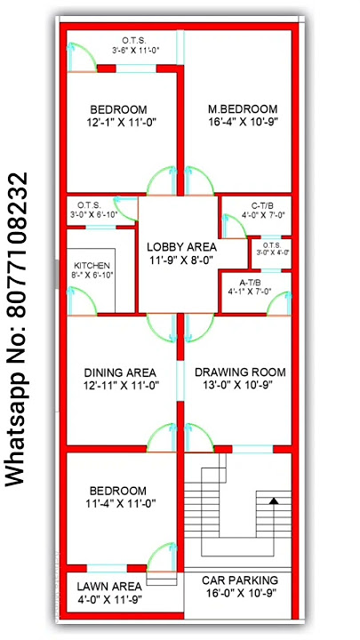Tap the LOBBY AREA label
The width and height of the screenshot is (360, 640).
[181, 246]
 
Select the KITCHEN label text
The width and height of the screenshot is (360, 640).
[92, 266]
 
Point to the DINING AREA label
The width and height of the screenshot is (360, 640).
[120, 372]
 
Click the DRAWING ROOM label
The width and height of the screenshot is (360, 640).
[240, 372]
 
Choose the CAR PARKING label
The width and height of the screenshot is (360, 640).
[240, 580]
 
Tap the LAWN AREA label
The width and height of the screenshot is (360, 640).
[109, 586]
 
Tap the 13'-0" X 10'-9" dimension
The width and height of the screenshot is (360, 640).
[240, 385]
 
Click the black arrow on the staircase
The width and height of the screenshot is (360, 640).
[275, 501]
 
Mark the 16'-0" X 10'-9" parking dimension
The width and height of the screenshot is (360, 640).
[240, 592]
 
